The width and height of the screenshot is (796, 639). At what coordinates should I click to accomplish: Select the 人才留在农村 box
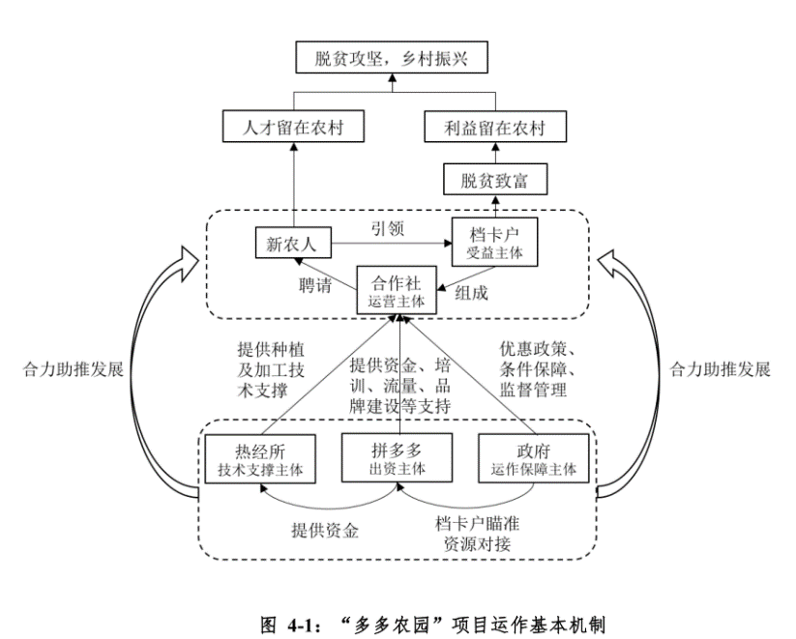pyautogui.click(x=292, y=127)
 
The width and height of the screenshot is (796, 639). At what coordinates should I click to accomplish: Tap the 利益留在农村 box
pyautogui.click(x=495, y=127)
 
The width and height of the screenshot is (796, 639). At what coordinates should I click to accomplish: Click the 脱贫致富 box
pyautogui.click(x=495, y=179)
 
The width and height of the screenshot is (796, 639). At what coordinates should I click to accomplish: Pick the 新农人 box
pyautogui.click(x=292, y=243)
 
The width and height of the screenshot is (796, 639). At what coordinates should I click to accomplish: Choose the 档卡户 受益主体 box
pyautogui.click(x=494, y=242)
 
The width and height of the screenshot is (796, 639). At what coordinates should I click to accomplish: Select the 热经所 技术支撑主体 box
pyautogui.click(x=260, y=457)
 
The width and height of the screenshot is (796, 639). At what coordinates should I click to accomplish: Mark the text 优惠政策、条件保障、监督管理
pyautogui.click(x=538, y=368)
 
